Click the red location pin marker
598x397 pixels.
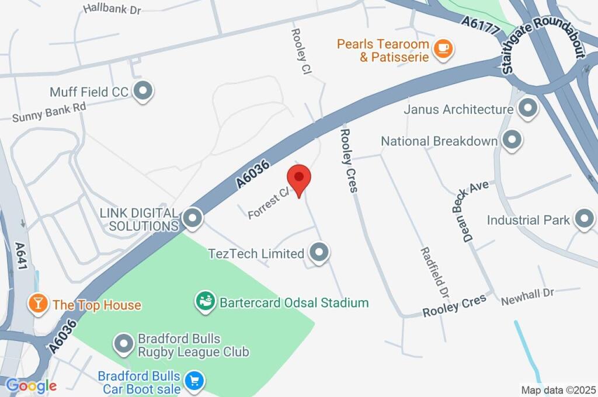[x=300, y=177]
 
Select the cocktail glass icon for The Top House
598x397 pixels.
[x=38, y=304]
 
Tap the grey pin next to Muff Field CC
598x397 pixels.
[x=142, y=91]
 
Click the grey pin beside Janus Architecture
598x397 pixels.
[x=528, y=109]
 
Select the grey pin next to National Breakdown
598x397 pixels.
[x=512, y=140]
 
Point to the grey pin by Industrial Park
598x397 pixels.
[x=583, y=220]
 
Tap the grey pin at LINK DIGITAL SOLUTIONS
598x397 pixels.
[x=192, y=218]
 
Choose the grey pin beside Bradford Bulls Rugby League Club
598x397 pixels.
[x=124, y=344]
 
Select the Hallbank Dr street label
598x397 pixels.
[x=112, y=9]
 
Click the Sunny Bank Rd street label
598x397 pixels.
[x=49, y=112]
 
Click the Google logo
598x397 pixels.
[x=30, y=386]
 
